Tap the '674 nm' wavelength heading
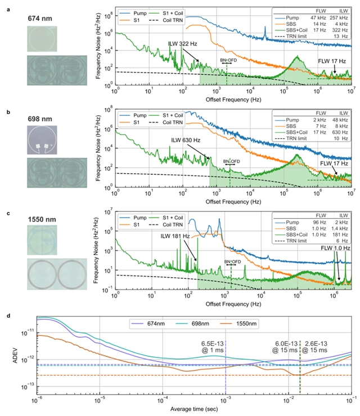40,19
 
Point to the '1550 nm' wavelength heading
42,216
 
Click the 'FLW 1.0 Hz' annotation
337,247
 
